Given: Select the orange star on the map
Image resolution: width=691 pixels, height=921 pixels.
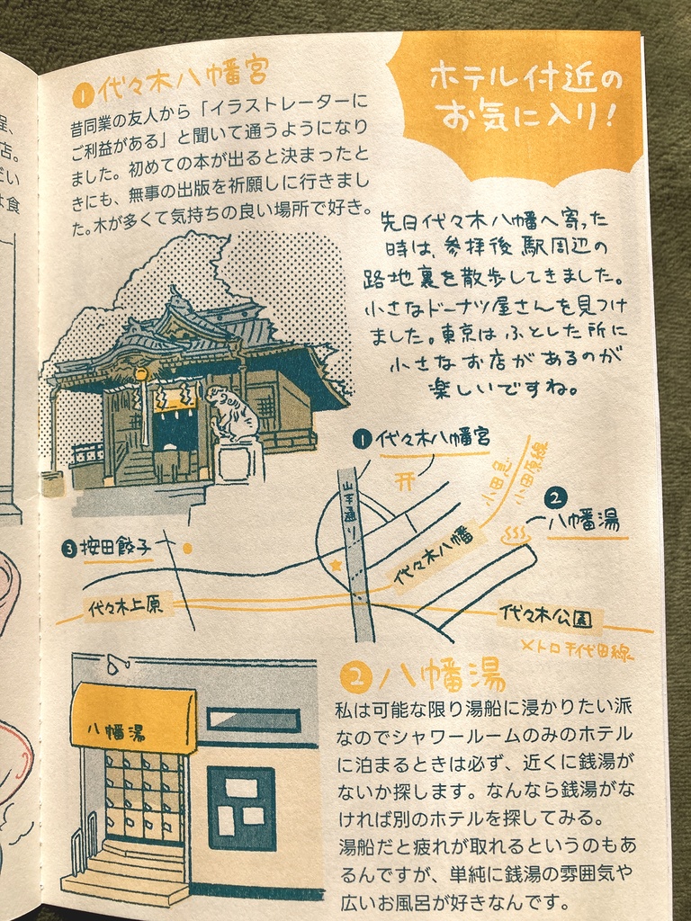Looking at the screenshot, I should click(337, 566).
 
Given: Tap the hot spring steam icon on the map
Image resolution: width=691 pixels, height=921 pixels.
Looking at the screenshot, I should click(516, 536).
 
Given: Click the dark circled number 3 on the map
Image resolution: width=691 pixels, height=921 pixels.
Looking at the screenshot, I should click(69, 547).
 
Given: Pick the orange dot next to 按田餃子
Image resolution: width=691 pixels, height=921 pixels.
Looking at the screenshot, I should click(187, 546).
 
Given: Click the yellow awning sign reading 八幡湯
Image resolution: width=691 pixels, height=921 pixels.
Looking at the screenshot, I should click(133, 717).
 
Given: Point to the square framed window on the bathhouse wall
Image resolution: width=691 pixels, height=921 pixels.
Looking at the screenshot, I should click(241, 808).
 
